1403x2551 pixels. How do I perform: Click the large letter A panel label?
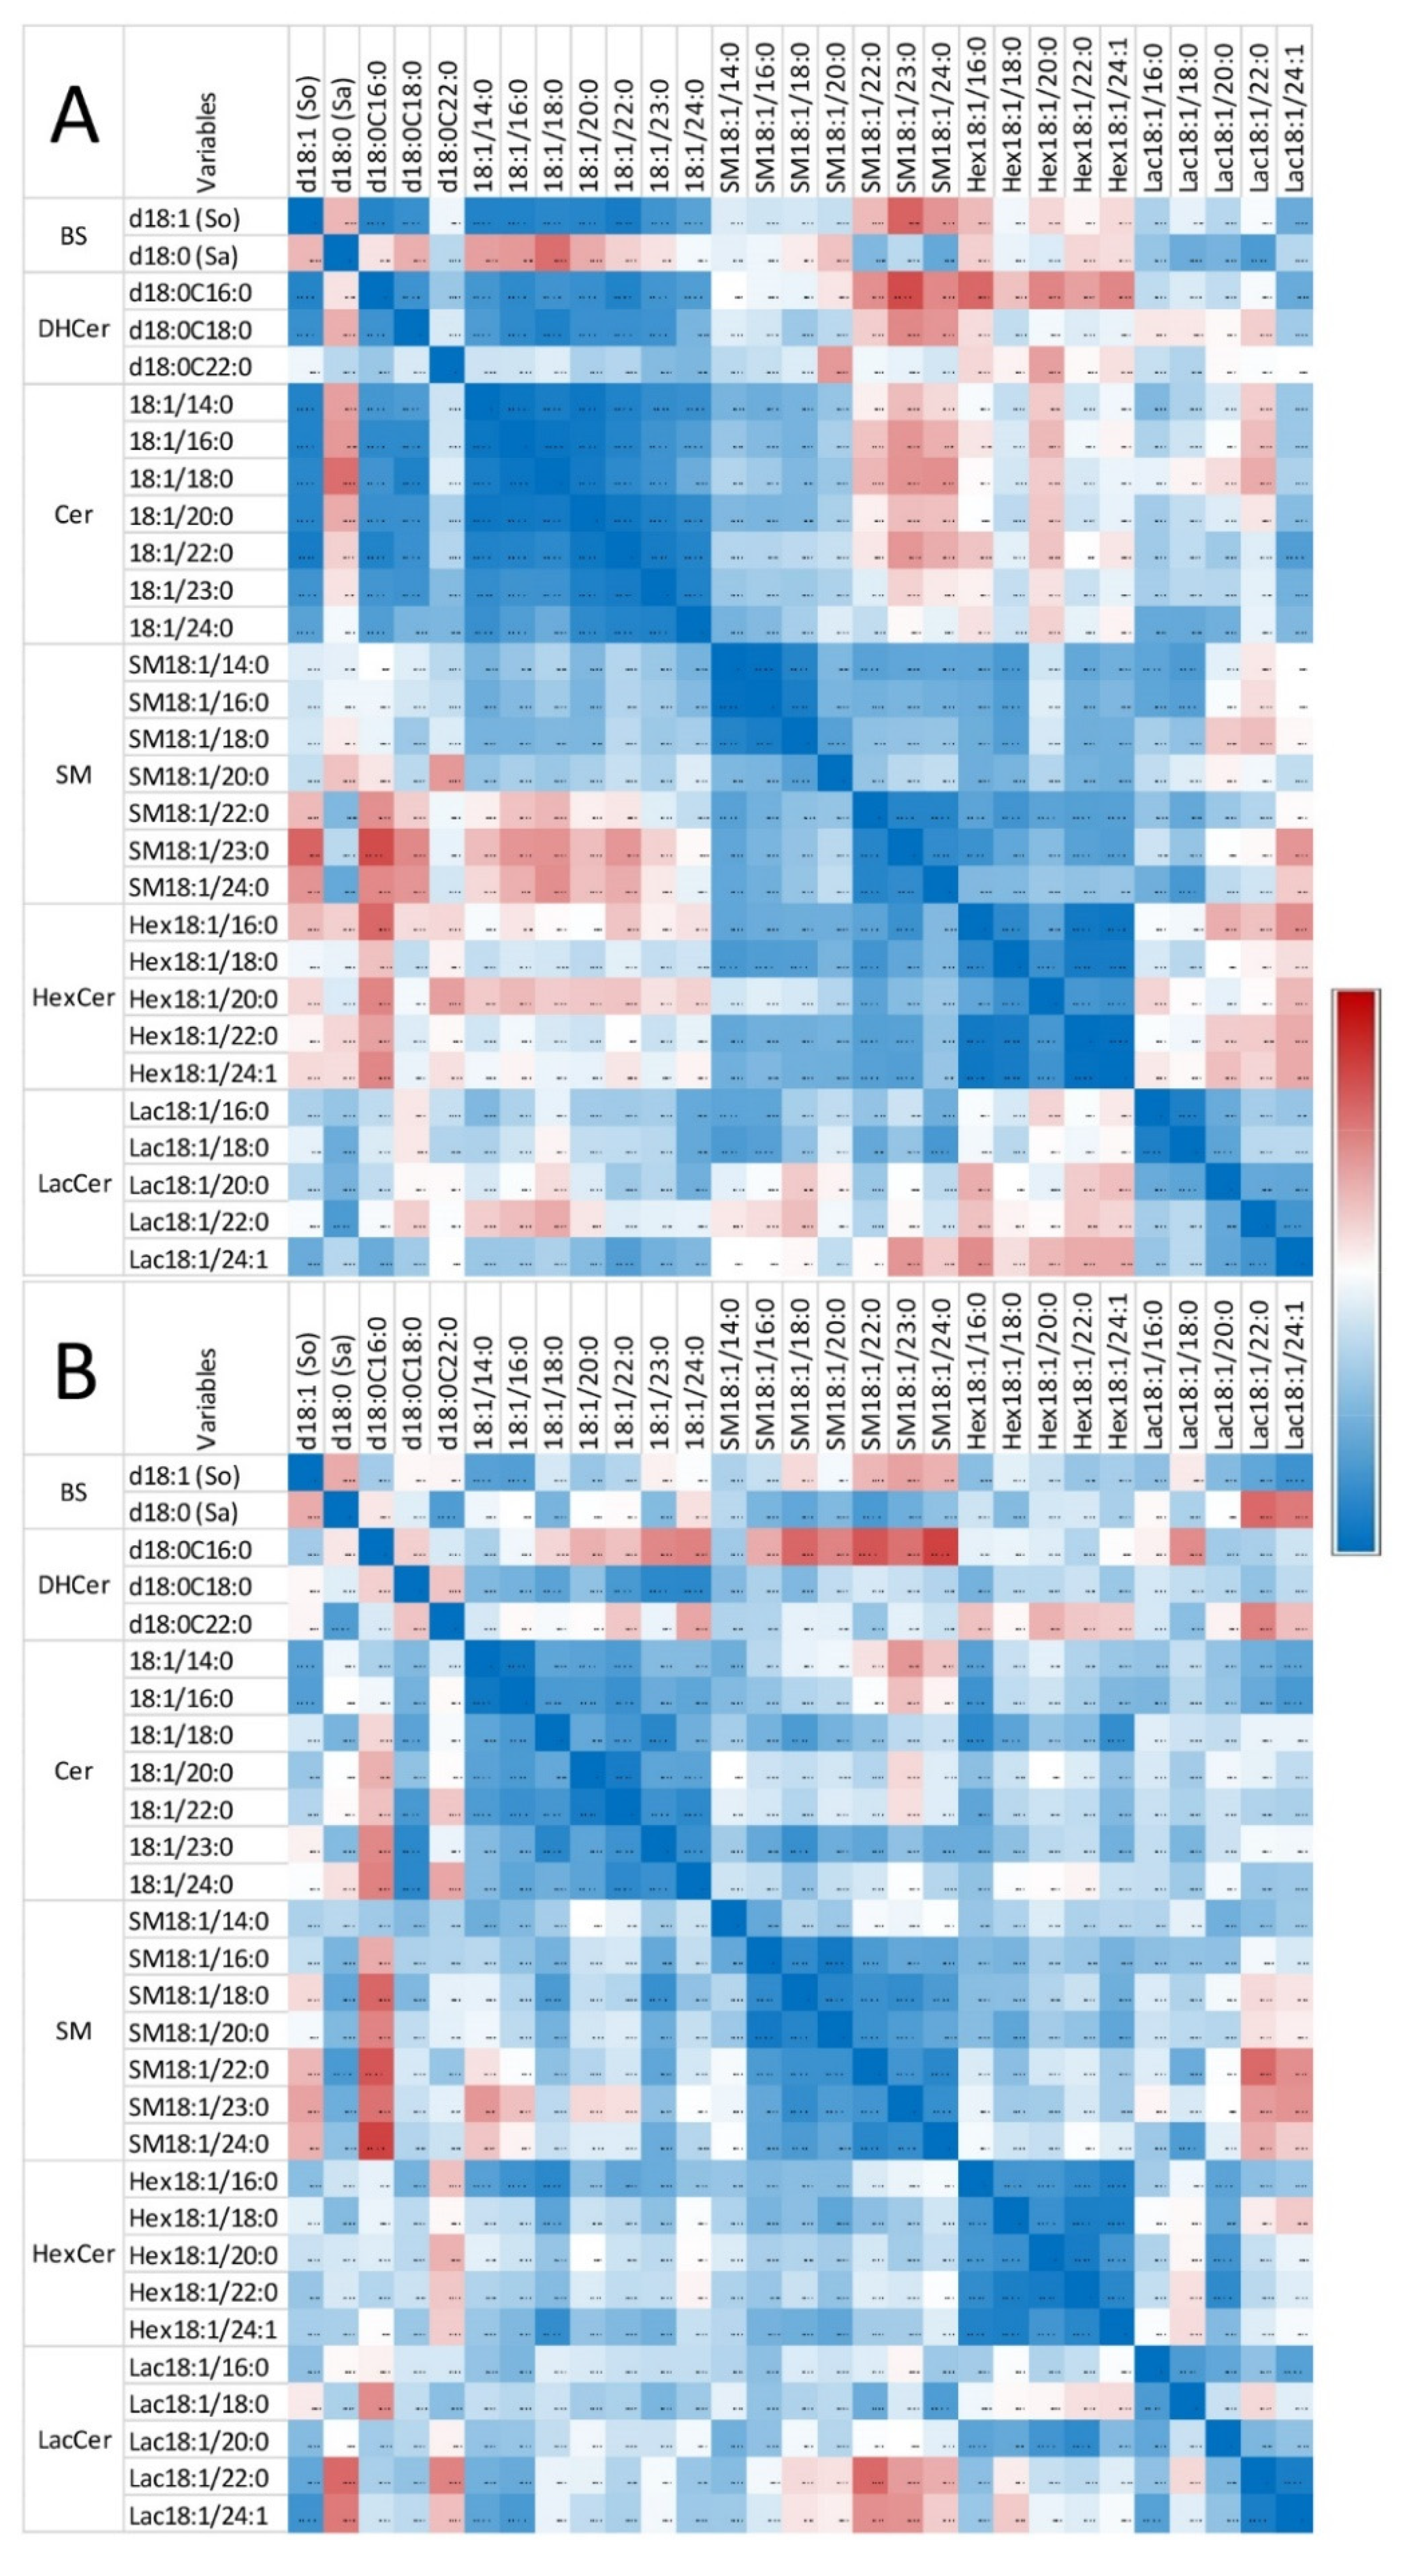pos(74,115)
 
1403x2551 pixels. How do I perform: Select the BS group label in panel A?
pos(73,236)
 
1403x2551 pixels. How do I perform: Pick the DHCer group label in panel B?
pos(73,1585)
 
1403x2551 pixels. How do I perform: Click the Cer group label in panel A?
pos(73,515)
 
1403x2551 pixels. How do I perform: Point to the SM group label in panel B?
pos(73,2031)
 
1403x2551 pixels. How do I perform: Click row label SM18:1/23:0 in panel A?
pos(198,850)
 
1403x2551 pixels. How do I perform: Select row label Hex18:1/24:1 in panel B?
pos(203,2329)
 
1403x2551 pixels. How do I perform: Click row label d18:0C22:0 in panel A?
pos(190,367)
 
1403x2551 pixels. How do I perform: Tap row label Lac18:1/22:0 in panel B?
pos(198,2478)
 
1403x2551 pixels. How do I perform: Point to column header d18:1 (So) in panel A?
pos(307,134)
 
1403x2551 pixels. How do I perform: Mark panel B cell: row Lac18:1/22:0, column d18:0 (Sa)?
pos(342,2478)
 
